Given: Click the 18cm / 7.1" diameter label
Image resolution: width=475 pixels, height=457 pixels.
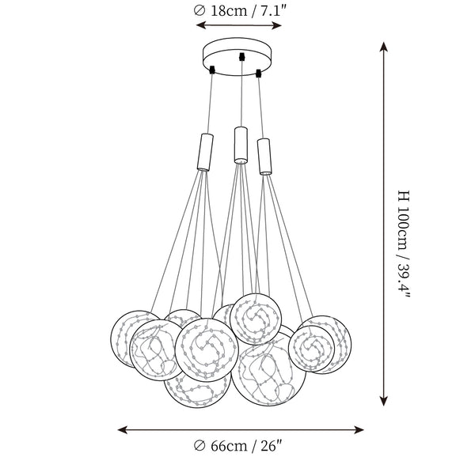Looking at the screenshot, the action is pos(239,11).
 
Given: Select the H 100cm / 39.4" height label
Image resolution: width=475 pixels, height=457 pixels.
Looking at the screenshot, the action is pos(404,244).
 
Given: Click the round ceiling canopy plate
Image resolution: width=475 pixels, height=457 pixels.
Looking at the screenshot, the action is pos(237,56).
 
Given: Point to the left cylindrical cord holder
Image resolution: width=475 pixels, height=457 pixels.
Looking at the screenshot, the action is pos(205,153).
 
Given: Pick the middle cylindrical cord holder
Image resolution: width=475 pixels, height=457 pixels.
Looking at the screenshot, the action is pos(241,145).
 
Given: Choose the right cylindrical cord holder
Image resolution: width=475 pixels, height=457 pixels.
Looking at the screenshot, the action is pos(264,157).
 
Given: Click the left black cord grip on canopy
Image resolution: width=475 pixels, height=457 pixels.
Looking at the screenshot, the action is pos(212,70).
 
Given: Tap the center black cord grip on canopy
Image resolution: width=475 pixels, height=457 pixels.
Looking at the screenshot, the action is pos(241,57).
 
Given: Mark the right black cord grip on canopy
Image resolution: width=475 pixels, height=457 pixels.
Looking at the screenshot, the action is pos(258,74).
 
